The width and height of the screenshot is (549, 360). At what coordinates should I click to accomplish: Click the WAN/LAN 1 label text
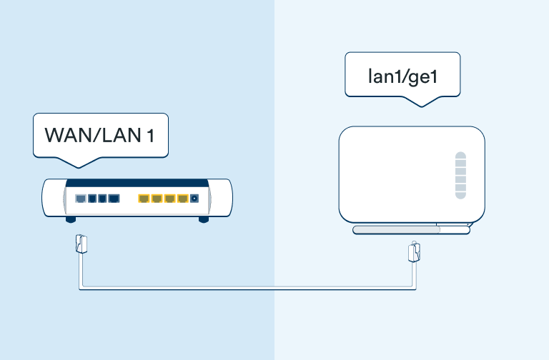[100, 135]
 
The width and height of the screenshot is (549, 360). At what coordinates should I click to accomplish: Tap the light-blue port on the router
[81, 199]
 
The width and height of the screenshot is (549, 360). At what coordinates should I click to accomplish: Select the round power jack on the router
[194, 199]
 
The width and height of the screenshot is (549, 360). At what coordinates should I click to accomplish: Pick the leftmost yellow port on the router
[143, 199]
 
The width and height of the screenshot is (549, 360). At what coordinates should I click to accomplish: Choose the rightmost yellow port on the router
[182, 199]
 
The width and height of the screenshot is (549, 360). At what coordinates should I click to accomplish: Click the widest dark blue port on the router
[114, 199]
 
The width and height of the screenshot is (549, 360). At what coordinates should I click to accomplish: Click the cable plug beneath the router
[81, 244]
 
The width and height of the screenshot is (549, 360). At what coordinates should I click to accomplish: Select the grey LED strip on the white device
[461, 175]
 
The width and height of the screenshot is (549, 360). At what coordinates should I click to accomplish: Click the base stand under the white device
[411, 229]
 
